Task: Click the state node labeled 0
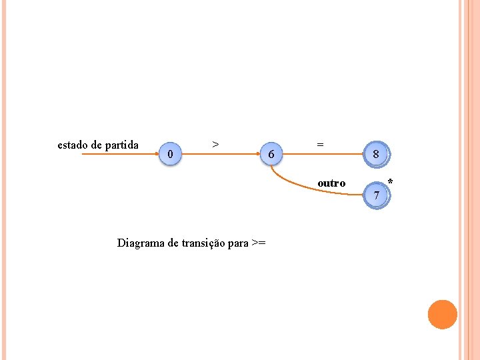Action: click(171, 154)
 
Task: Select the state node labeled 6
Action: click(271, 154)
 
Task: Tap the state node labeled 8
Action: click(377, 154)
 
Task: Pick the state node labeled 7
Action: click(377, 195)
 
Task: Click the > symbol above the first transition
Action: click(215, 143)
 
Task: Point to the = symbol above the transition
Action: click(321, 143)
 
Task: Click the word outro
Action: click(331, 183)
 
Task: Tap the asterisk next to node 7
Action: click(390, 182)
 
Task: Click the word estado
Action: click(71, 145)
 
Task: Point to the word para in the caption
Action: click(238, 243)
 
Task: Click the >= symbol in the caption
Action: click(259, 243)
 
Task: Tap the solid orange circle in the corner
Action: click(442, 315)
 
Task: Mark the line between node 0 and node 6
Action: click(220, 154)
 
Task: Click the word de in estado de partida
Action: click(96, 145)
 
